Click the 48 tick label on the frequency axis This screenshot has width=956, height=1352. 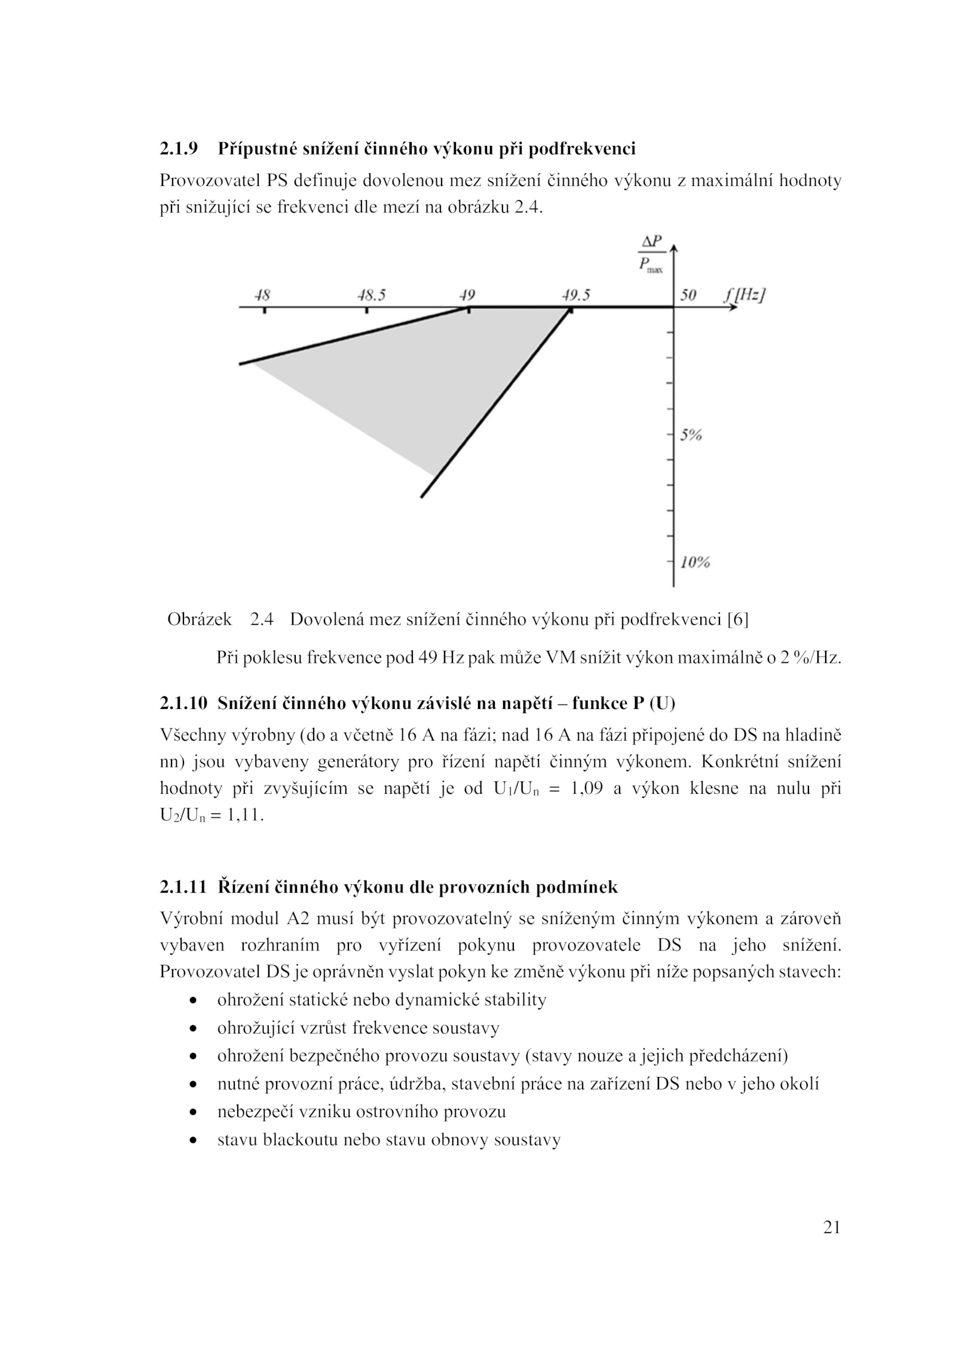tap(262, 295)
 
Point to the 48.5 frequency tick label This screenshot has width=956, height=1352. tap(372, 295)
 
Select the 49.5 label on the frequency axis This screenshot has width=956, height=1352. tap(575, 295)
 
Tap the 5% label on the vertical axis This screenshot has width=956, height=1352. tap(691, 435)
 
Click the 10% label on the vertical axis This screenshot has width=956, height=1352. tap(695, 562)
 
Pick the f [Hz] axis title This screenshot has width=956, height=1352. tap(745, 295)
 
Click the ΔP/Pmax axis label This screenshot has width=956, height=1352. tap(651, 253)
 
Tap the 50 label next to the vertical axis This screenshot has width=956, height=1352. tap(688, 295)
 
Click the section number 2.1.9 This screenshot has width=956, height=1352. tap(179, 148)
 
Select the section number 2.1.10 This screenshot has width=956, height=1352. tap(183, 703)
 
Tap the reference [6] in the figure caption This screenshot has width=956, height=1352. tap(737, 620)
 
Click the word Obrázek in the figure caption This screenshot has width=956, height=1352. tap(200, 620)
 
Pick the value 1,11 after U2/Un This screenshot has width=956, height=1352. tap(244, 816)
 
